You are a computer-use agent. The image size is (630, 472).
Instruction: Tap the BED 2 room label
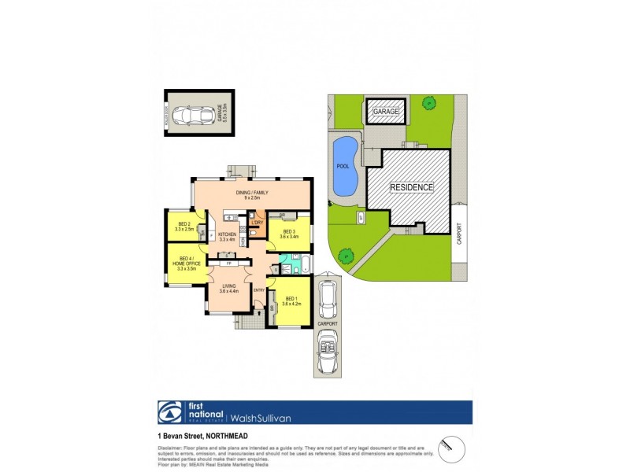point(186,227)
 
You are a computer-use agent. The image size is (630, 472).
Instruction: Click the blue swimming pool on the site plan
point(344,166)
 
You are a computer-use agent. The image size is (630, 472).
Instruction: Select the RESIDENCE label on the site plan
point(412,187)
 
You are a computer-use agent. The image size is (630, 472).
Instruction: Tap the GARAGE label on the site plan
point(386,112)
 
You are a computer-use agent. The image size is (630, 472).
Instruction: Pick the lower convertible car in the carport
point(327,352)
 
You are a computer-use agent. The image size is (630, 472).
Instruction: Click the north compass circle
point(451,446)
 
